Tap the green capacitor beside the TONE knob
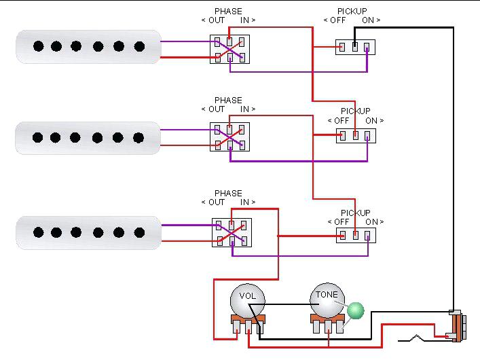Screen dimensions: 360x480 355,310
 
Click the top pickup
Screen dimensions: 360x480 88,46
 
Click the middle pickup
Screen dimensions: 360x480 88,138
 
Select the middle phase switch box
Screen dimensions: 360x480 229,137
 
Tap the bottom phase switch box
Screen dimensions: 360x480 232,232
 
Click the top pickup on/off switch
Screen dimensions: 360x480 355,47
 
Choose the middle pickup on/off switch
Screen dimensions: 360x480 355,135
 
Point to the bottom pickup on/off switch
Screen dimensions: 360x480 355,236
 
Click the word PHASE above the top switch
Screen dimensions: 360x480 227,12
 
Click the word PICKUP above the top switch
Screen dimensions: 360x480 352,12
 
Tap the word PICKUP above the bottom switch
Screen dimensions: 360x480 355,213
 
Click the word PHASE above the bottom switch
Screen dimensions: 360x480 228,194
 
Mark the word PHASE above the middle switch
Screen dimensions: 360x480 228,101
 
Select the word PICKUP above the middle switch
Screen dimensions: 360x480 355,111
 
